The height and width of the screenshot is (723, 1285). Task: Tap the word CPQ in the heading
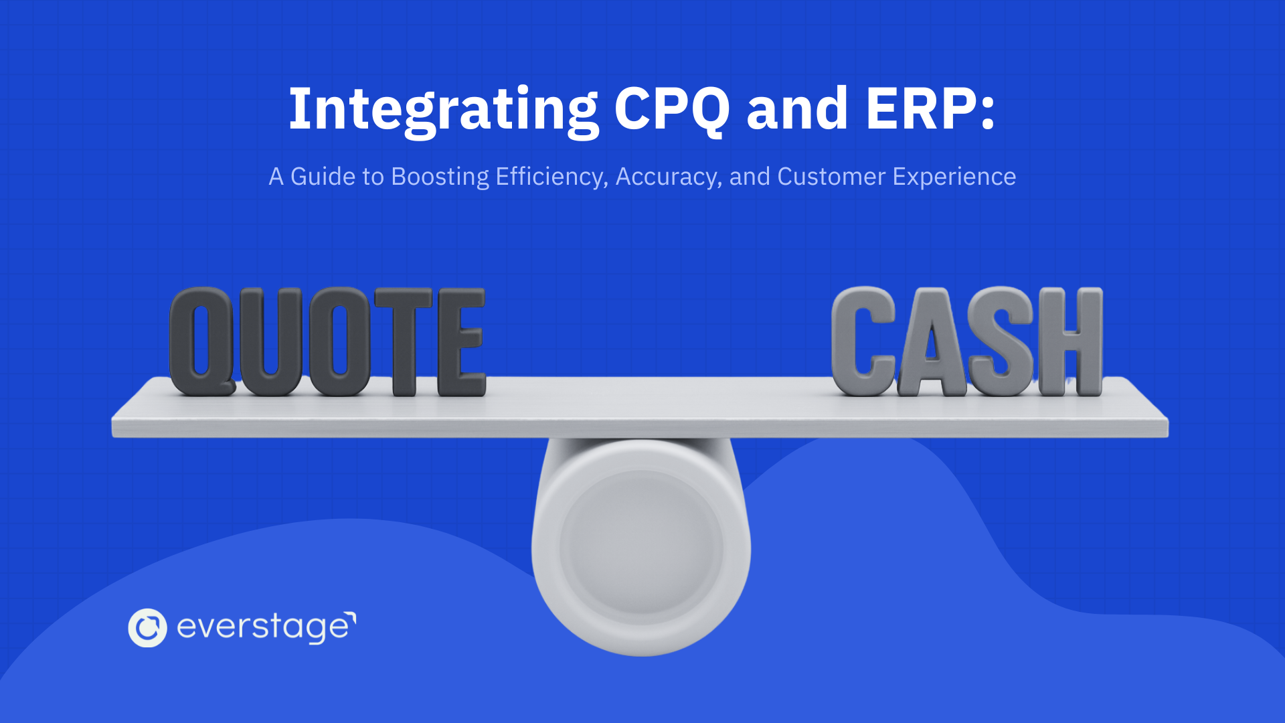[x=671, y=109]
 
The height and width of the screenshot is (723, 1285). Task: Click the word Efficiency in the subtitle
[x=551, y=177]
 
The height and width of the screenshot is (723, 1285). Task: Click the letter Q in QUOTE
[x=201, y=341]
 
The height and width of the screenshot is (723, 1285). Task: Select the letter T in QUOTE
[x=403, y=341]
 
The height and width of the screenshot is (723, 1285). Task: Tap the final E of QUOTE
[x=461, y=341]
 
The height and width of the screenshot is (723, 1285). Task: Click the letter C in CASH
[x=863, y=341]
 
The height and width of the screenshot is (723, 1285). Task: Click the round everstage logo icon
[x=147, y=628]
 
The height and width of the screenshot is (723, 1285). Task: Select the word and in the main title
[x=797, y=109]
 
